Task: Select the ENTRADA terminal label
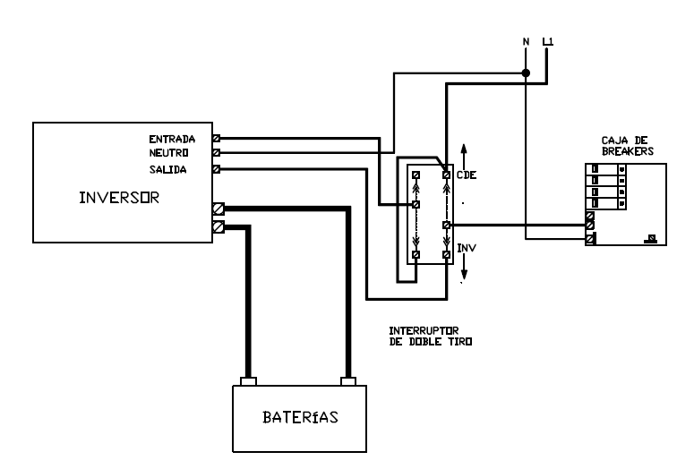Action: click(167, 139)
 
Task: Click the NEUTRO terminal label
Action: click(169, 153)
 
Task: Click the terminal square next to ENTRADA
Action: click(217, 139)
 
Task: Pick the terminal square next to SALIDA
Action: click(217, 168)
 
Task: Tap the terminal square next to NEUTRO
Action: click(217, 153)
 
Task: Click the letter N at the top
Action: click(526, 41)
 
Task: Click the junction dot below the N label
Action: click(527, 73)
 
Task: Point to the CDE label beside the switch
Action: click(467, 175)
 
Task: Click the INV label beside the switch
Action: click(466, 246)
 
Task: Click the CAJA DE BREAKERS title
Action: click(627, 147)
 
